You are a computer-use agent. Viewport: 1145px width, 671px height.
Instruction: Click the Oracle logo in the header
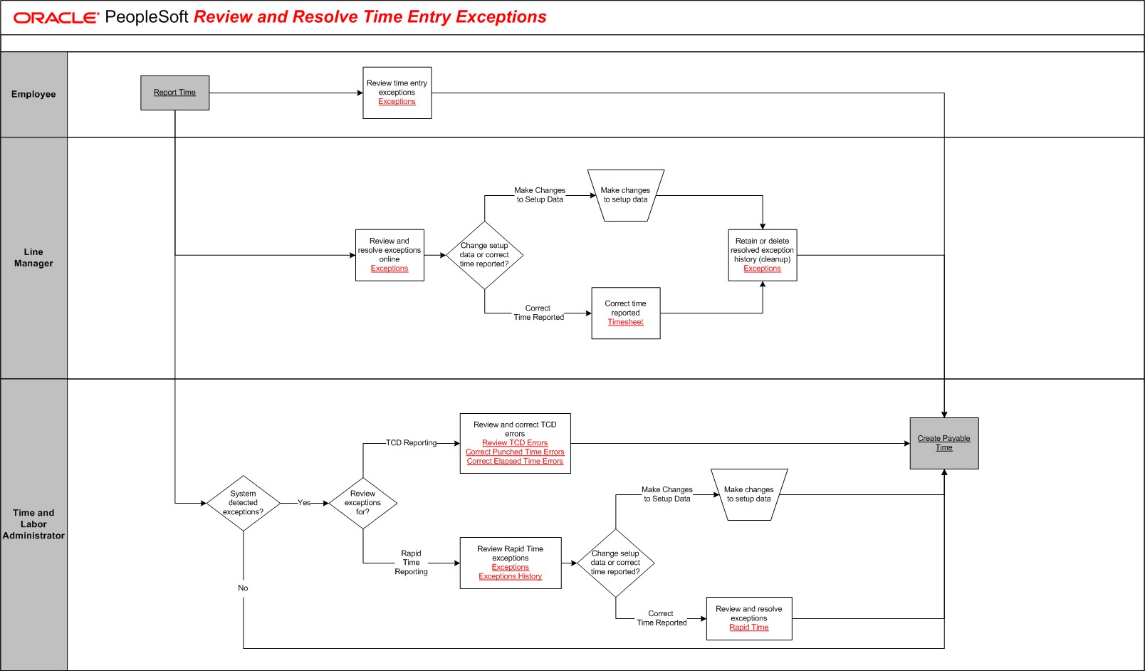(56, 18)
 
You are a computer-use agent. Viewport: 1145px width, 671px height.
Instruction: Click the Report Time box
(174, 93)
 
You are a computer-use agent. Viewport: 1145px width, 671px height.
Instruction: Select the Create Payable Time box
(943, 443)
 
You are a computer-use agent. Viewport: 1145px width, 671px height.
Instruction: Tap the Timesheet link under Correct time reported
(625, 322)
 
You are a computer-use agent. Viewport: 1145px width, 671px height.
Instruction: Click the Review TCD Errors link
(515, 443)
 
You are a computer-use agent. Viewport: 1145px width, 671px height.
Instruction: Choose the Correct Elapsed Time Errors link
(515, 462)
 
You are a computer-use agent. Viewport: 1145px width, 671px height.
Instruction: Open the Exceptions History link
(510, 576)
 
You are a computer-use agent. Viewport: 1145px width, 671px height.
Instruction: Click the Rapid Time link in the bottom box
(748, 628)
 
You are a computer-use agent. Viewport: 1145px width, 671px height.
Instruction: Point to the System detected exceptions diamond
(243, 503)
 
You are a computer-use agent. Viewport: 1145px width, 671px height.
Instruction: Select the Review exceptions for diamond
(362, 503)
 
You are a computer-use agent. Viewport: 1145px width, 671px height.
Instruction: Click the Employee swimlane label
(33, 94)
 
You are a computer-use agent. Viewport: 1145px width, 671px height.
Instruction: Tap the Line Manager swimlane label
(33, 257)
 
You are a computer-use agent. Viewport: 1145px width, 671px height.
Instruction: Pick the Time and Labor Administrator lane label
(33, 524)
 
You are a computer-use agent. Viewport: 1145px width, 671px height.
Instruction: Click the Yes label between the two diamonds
(304, 503)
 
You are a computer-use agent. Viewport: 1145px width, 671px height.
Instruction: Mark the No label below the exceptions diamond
(243, 588)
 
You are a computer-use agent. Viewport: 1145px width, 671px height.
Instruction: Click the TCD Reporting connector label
(411, 443)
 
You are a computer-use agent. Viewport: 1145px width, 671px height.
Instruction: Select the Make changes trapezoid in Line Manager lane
(625, 195)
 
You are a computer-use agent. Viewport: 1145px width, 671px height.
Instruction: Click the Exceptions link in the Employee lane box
(397, 102)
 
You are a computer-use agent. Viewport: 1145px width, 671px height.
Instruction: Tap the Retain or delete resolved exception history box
(762, 254)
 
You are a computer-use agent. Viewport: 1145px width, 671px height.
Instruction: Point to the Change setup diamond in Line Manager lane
(484, 254)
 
